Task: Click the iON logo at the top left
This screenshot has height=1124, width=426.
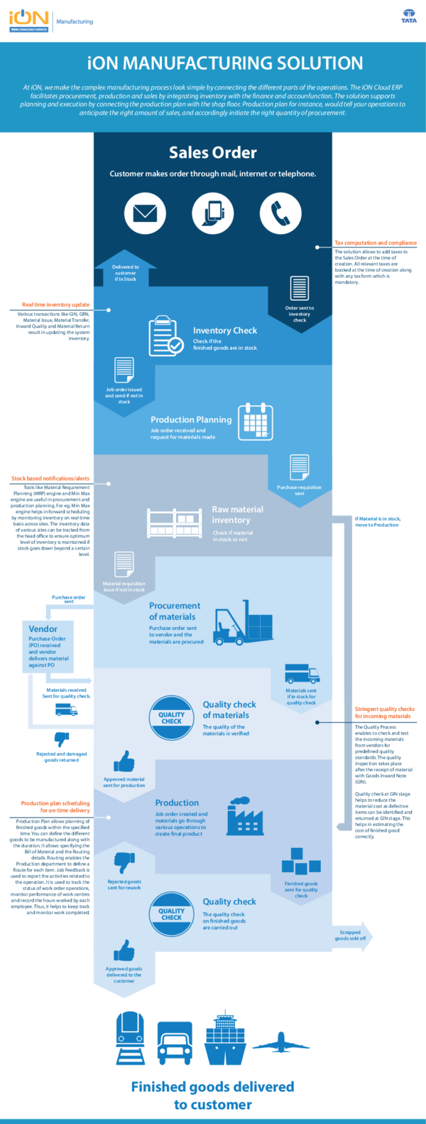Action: point(28,20)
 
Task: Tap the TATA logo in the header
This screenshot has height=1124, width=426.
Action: point(409,16)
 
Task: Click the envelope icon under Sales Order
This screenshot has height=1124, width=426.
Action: point(145,213)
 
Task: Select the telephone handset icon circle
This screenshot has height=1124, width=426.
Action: point(280,213)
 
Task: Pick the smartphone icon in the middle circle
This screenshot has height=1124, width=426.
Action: point(212,213)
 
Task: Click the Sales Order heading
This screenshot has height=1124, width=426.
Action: point(213,152)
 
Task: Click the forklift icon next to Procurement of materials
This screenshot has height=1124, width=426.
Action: point(243,623)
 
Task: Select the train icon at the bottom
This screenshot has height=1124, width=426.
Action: point(131,1039)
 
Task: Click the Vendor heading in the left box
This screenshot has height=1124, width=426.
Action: point(43,628)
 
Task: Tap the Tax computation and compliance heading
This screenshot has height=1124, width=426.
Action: point(376,243)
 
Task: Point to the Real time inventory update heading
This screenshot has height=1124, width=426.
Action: point(55,304)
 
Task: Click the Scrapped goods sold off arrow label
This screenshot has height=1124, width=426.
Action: point(351,935)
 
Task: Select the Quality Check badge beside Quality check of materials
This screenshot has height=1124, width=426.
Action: point(171,718)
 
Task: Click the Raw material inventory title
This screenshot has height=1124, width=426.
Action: point(237,515)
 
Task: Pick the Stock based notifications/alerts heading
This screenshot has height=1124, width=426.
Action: point(50,478)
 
